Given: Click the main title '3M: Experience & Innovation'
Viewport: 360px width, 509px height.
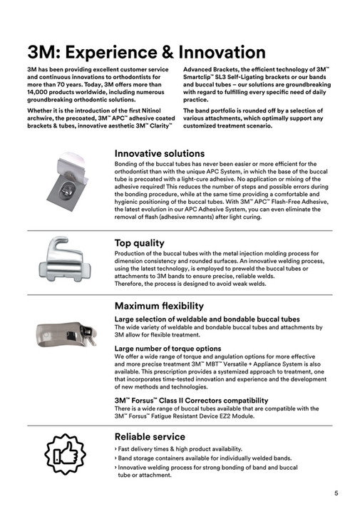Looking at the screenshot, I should pos(146,52).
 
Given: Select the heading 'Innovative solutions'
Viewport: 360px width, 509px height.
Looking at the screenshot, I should pos(160,153).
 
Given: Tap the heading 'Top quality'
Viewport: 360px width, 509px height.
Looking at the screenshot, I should pos(139,243).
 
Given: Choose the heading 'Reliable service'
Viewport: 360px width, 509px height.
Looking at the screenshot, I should pos(150,436).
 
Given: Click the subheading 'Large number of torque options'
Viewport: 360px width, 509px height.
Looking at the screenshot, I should pos(168,349).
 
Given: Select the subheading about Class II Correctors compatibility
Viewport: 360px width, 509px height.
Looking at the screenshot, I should pos(191,401).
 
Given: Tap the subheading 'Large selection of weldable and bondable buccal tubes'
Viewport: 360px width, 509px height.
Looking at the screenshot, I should pos(207,319).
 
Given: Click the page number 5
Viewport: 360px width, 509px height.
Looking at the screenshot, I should pos(336,493).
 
